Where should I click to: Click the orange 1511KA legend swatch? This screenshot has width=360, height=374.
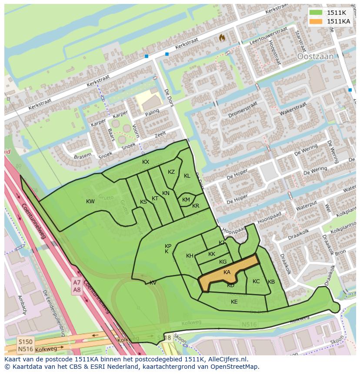pos(317,21)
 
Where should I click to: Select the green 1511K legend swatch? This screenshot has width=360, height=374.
pos(317,13)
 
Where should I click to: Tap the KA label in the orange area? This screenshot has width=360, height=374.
pos(227,272)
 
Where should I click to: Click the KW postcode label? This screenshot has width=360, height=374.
pos(90,202)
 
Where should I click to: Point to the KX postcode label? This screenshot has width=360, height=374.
pos(146,162)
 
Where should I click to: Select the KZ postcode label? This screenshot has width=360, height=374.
pos(171,172)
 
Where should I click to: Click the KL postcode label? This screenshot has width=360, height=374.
pos(187,176)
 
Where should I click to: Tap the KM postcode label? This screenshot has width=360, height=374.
pos(186,200)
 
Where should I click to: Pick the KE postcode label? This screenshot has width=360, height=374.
pos(234,302)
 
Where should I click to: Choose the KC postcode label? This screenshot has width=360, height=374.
pos(256,281)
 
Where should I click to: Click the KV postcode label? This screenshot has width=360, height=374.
pos(153,283)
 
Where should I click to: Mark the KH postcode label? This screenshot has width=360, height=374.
pos(190,256)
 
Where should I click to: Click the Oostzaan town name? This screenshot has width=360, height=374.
pos(315,56)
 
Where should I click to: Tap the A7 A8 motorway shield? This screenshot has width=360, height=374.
pos(77,287)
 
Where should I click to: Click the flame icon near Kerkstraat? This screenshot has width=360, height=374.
pos(222,38)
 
